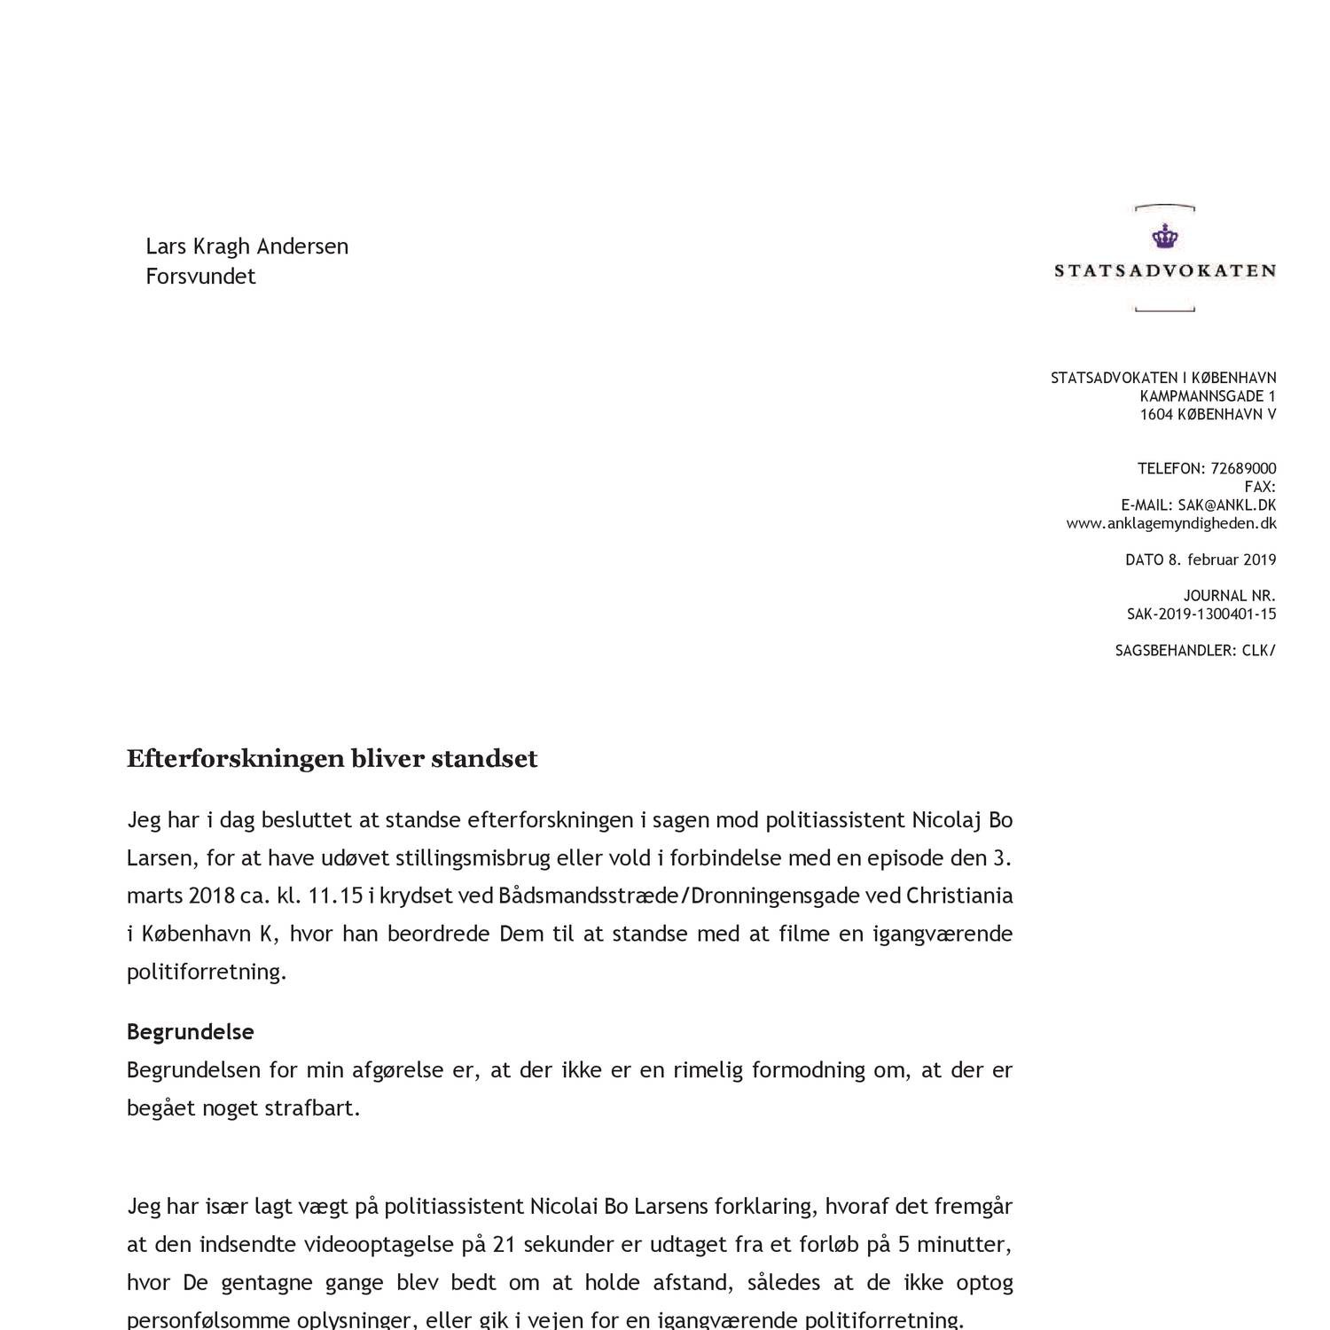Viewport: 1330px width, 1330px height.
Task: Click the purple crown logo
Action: tap(1162, 237)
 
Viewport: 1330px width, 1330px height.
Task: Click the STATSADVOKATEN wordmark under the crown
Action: tap(1164, 271)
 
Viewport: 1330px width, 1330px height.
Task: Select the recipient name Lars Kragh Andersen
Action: tap(246, 246)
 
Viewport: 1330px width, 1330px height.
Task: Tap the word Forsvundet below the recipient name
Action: tap(200, 277)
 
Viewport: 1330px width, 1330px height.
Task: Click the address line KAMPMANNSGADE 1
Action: tap(1208, 396)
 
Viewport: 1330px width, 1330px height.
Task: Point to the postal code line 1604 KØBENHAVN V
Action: tap(1208, 415)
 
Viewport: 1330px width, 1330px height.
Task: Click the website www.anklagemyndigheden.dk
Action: tap(1170, 523)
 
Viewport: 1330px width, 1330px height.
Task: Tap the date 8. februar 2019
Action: tap(1221, 559)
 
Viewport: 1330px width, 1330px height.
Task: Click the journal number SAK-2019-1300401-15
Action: tap(1201, 614)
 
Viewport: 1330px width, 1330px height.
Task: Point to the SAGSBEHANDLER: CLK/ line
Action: tap(1194, 651)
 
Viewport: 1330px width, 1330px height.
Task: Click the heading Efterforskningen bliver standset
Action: tap(332, 760)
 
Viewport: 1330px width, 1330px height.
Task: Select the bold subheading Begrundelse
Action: tap(190, 1032)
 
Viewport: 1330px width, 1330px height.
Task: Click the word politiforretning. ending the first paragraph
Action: tap(207, 972)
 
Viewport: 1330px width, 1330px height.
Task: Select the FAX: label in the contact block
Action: tap(1259, 487)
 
